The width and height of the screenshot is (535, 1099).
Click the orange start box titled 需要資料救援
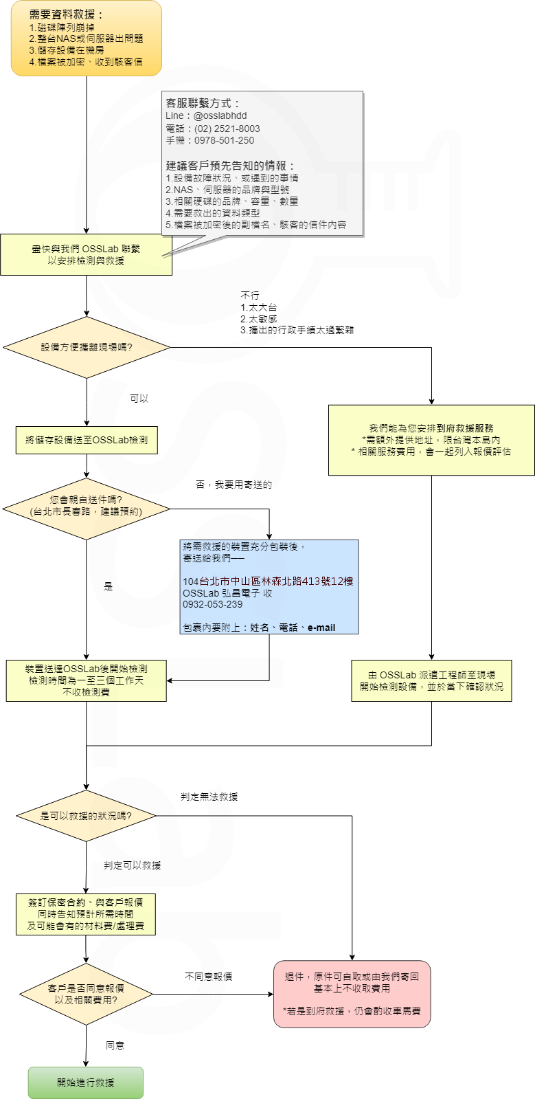86,38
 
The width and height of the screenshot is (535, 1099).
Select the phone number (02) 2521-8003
227,129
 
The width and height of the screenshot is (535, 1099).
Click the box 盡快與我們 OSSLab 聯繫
86,254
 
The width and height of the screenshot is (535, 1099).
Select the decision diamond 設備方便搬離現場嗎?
87,347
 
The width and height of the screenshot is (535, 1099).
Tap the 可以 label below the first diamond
139,399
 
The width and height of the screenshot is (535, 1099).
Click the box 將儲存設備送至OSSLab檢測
87,440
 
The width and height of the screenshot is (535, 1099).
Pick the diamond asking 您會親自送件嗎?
87,509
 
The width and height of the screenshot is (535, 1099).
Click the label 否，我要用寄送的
234,485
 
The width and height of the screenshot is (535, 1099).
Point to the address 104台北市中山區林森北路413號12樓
268,581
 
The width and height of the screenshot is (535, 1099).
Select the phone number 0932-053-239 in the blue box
212,604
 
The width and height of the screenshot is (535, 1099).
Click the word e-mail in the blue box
321,628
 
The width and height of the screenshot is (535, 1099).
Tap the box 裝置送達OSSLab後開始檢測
86,680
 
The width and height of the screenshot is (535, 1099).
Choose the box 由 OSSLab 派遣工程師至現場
431,680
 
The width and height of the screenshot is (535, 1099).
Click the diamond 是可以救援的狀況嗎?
86,816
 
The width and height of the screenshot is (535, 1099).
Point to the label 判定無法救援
209,797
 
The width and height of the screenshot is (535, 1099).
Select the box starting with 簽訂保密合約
86,914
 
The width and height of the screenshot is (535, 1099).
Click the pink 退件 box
352,994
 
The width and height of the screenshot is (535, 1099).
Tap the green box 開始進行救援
86,1083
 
